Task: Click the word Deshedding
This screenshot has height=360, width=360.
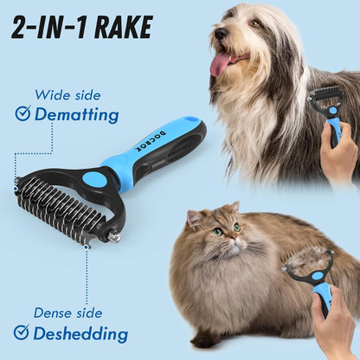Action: [80, 333]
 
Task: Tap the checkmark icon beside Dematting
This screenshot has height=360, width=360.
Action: [22, 113]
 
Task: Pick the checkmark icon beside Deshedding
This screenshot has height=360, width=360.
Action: [22, 332]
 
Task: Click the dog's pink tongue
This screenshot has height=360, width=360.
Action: [221, 62]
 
